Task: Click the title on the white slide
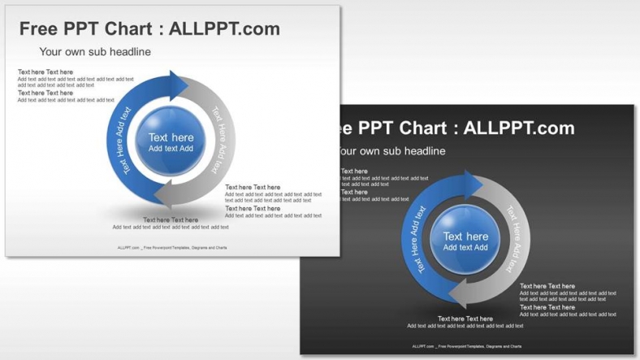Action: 149,29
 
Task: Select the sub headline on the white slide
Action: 95,52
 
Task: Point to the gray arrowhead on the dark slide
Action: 458,294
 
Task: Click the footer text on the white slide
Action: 172,249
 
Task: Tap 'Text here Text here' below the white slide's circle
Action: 171,219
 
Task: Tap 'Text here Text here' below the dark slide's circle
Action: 465,319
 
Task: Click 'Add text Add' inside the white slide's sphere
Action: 171,149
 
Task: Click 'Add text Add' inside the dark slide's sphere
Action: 465,248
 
